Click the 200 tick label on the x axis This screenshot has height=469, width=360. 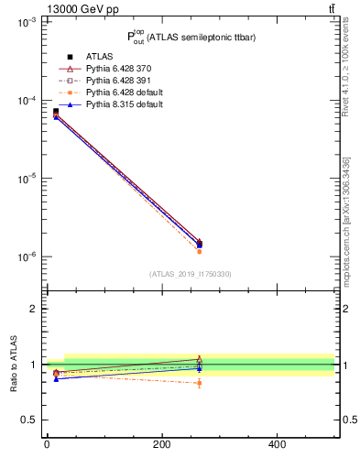(161, 445)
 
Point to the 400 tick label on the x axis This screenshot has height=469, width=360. (277, 445)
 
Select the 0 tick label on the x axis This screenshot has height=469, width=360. (47, 445)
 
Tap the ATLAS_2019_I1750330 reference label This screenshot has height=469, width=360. (191, 274)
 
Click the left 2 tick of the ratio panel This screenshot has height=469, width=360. (33, 309)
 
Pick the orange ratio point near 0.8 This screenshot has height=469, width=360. (200, 383)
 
